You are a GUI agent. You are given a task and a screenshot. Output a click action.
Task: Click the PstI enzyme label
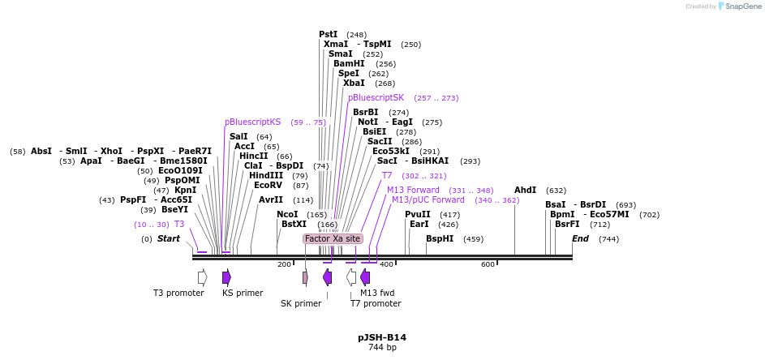pos(329,34)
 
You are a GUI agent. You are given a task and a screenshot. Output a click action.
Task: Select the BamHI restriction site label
pos(349,63)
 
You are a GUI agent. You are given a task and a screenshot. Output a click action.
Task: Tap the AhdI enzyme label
pos(526,190)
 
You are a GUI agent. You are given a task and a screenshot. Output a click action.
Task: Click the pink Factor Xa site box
pos(333,238)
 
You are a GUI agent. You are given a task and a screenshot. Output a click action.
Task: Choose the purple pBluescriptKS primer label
pos(252,122)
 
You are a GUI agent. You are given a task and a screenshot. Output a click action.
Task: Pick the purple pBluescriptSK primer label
pos(376,97)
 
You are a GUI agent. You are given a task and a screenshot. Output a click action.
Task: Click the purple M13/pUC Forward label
pos(428,199)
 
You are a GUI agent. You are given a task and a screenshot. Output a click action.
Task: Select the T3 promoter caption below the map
pos(178,293)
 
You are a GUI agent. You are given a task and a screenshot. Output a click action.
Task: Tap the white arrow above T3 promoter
pos(202,277)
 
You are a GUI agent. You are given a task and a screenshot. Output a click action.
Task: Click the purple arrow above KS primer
pos(226,277)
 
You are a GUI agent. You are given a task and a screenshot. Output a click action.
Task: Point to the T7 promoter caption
pos(376,303)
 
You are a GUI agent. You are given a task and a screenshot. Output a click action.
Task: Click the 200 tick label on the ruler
pos(284,264)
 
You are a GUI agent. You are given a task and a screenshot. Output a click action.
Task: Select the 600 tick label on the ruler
pos(488,264)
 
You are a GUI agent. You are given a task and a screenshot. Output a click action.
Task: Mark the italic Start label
pos(169,238)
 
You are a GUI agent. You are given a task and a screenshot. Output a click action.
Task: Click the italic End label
pos(580,238)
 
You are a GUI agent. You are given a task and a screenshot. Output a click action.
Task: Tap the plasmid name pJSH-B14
pos(382,336)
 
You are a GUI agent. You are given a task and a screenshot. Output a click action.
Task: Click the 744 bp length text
pos(382,347)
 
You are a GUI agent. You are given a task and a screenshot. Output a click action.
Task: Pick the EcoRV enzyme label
pos(269,185)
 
